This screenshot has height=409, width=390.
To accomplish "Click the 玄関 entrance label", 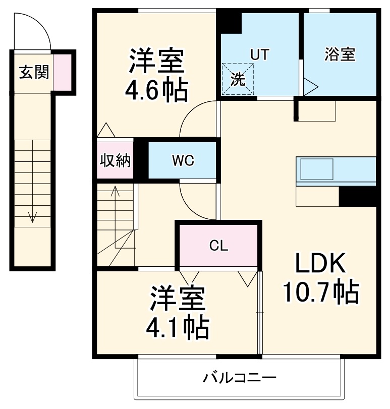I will pyautogui.click(x=34, y=73).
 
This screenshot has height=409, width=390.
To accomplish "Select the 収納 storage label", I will pyautogui.click(x=115, y=161).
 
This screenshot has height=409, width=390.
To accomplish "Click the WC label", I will pyautogui.click(x=182, y=161).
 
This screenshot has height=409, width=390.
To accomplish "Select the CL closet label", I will pyautogui.click(x=219, y=246).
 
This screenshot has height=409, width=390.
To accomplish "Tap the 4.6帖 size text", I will pyautogui.click(x=156, y=90).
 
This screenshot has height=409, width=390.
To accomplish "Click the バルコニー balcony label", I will pyautogui.click(x=240, y=378).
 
